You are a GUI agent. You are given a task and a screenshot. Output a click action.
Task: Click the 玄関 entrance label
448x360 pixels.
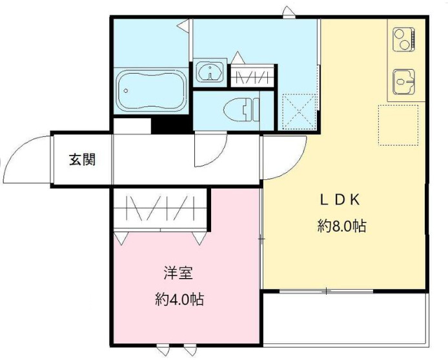pos(83,160)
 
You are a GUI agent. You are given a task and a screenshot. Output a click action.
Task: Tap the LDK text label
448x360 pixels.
pos(340,199)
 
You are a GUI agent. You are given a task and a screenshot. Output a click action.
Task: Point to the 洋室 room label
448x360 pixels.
pos(179,273)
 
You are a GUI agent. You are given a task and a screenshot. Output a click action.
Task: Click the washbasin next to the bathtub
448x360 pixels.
pos(210,72)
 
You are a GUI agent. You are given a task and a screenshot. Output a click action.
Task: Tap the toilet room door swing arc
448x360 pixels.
pos(210,151)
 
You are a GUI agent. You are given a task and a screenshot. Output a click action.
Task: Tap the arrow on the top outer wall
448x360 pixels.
pos(287,10)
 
